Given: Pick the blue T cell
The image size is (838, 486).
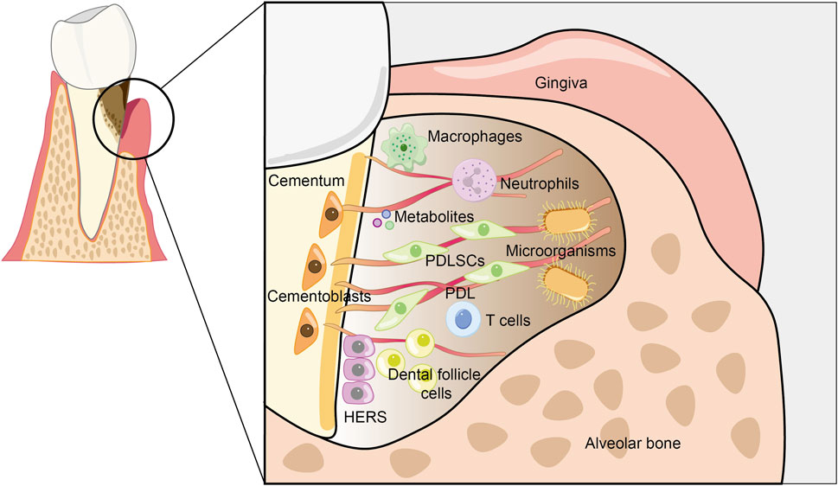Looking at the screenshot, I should pos(464,319).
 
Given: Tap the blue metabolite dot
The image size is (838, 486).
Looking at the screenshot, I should pos(387,214).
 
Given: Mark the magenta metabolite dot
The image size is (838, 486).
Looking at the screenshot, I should pos(377,223).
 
